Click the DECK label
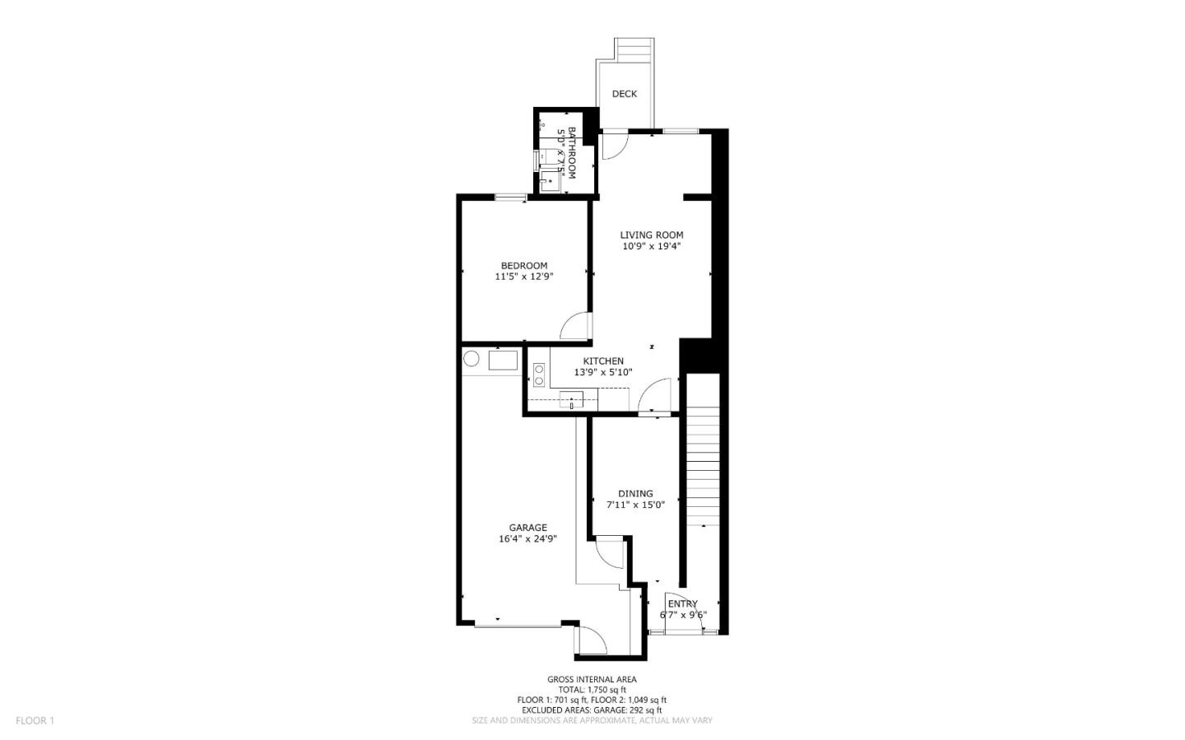click(625, 94)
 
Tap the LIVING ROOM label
click(652, 235)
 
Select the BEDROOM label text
click(524, 265)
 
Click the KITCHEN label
click(603, 361)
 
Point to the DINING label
click(635, 494)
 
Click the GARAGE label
click(527, 528)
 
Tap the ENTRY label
click(682, 603)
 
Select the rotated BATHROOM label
click(571, 153)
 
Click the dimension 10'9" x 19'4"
click(652, 246)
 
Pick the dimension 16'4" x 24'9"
click(527, 540)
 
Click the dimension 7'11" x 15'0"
click(635, 505)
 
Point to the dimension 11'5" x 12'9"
click(524, 277)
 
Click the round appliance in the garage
click(472, 359)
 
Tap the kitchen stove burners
click(539, 375)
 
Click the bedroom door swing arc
click(574, 325)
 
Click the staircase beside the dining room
click(702, 461)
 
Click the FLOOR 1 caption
click(35, 720)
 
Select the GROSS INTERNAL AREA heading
click(592, 679)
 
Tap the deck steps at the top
click(635, 50)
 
